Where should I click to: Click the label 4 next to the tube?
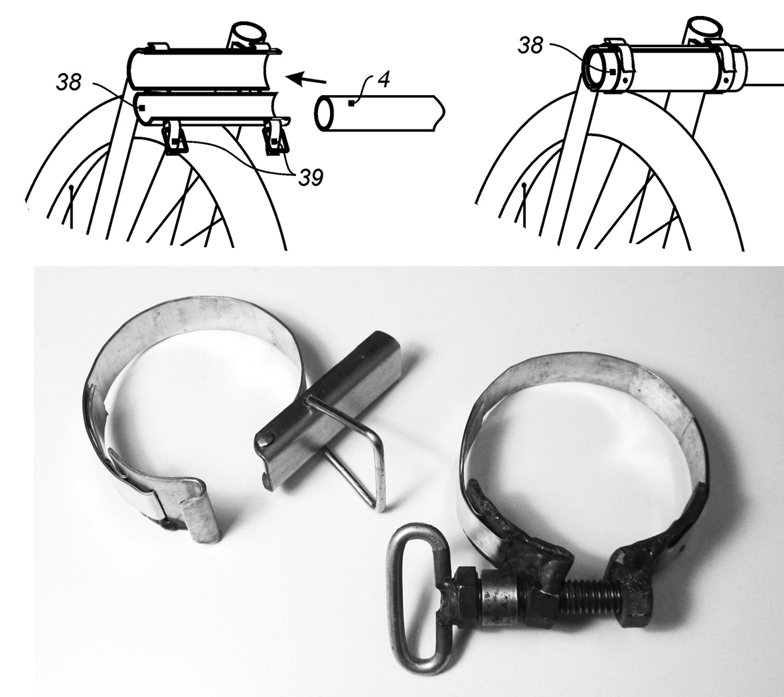click(x=384, y=80)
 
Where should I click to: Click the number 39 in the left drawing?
click(x=311, y=177)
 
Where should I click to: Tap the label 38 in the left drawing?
click(x=68, y=82)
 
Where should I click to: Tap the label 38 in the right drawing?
click(x=530, y=46)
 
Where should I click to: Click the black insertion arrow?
click(x=308, y=78)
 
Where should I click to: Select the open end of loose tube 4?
click(x=323, y=114)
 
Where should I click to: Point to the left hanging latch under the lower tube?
click(x=175, y=138)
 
